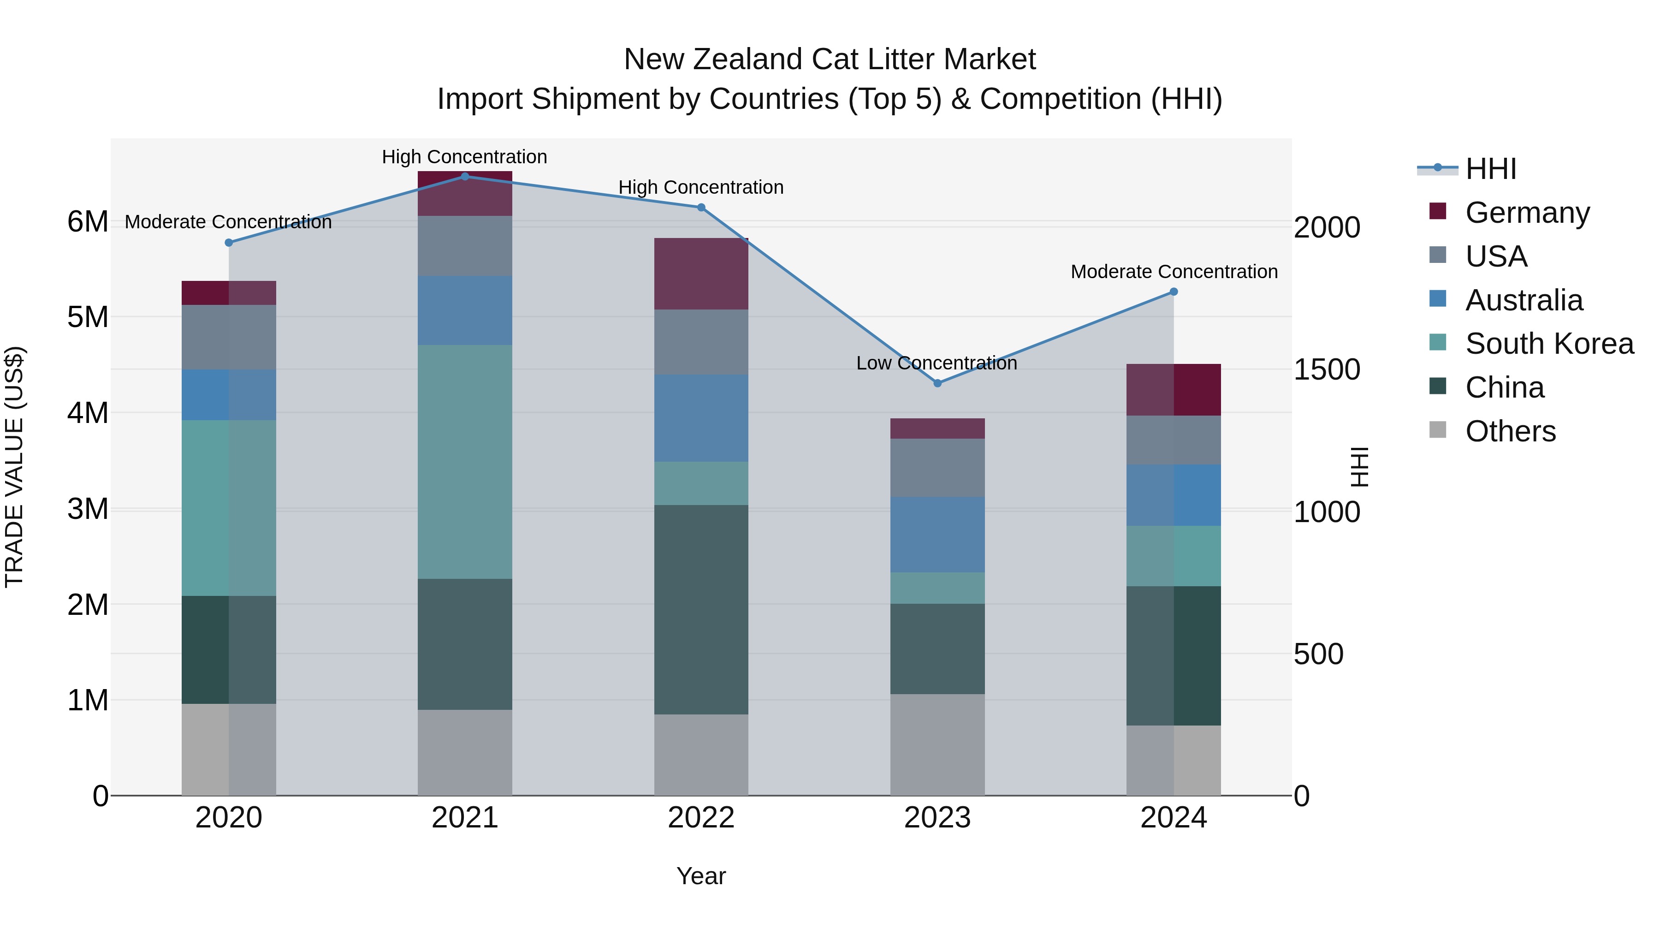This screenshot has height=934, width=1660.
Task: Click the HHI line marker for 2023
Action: [x=937, y=383]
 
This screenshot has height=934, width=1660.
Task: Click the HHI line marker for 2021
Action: [x=465, y=177]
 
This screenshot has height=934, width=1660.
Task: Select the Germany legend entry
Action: [x=1527, y=213]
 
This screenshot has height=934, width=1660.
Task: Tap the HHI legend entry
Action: [x=1490, y=169]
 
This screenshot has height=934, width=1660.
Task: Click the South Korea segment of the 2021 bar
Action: [x=465, y=462]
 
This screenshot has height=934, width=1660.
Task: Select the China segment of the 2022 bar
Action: [x=701, y=609]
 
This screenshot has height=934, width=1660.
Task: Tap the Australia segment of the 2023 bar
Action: [x=937, y=535]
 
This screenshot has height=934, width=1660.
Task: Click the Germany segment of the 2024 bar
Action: [x=1174, y=390]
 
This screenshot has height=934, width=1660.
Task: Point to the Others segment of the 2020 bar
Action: [x=229, y=749]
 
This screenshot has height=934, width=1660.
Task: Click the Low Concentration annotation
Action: [x=937, y=363]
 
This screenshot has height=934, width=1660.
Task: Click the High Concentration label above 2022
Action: [x=701, y=188]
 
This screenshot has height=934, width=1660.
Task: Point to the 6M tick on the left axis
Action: [x=88, y=222]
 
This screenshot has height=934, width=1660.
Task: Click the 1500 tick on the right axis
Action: [x=1327, y=370]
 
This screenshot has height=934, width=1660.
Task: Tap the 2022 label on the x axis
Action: [x=701, y=818]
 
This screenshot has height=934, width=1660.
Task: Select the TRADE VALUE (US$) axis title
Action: [x=14, y=467]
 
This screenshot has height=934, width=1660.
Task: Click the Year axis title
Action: [x=701, y=876]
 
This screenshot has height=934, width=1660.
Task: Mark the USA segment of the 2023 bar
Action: [x=937, y=467]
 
